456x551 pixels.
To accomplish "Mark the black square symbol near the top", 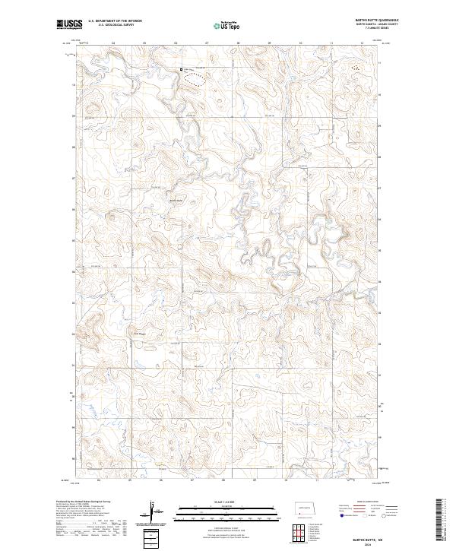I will pos(181,70).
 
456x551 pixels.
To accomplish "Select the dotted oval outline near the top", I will pos(196,78).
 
